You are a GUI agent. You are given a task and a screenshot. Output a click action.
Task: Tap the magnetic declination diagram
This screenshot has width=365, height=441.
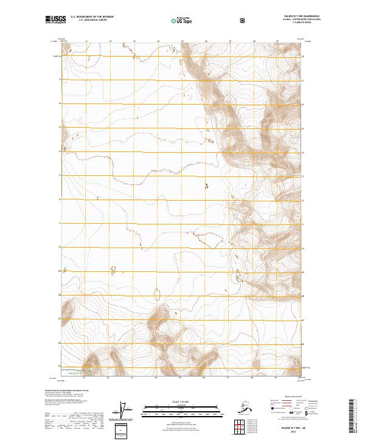pos(125,411)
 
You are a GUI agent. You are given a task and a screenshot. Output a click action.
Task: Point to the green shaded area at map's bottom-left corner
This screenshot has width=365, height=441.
pos(74,369)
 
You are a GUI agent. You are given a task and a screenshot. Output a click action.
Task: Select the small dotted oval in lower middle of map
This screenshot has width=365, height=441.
pos(158,294)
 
